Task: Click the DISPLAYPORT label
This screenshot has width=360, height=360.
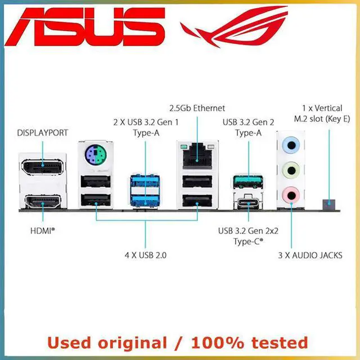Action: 43,133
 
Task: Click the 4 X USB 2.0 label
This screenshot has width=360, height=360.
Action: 146,255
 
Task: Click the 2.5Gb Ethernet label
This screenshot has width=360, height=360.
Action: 197,107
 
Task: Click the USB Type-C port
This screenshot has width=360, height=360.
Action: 247,202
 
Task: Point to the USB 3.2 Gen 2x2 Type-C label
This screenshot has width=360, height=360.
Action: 247,235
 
